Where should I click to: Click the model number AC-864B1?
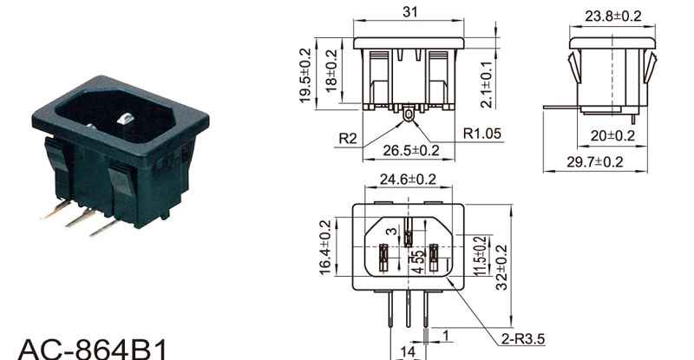(93, 350)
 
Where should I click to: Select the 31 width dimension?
(409, 11)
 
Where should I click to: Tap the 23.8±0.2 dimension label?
(612, 16)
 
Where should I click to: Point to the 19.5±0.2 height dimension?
(305, 75)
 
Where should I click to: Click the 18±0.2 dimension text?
(331, 71)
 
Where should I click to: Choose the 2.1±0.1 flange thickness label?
(486, 84)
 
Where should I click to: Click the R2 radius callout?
(348, 139)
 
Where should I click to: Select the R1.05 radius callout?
(482, 133)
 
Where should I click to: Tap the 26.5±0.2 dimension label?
(411, 151)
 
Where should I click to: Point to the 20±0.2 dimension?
(612, 135)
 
